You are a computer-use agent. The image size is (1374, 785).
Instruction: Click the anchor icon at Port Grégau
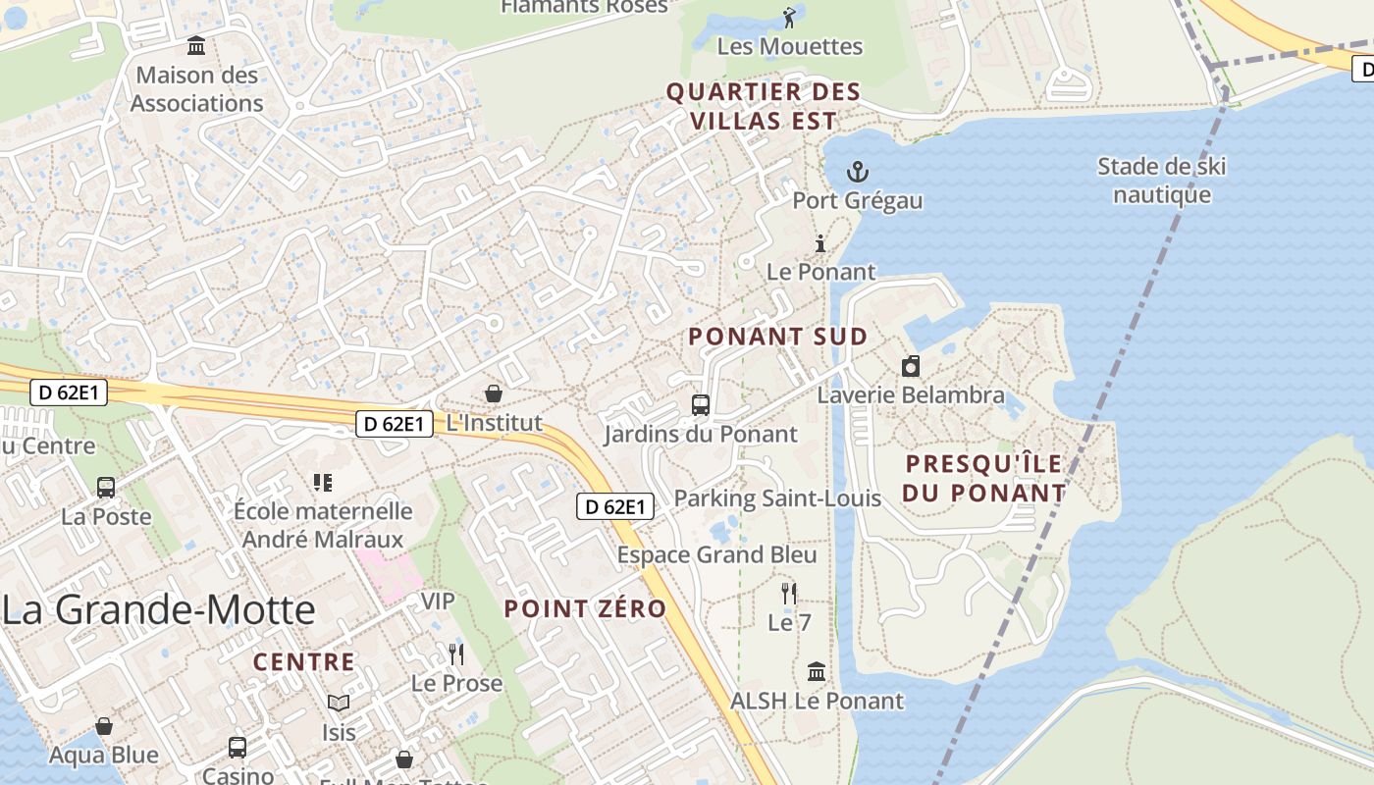pos(858,173)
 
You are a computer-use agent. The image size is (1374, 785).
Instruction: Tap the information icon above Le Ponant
pos(820,244)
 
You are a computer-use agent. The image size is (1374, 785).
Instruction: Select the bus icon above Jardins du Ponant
pos(701,404)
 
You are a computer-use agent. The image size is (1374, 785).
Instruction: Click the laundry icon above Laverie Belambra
pos(911,367)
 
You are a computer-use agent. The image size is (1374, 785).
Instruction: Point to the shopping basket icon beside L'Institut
pos(494,393)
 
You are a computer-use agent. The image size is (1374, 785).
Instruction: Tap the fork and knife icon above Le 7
pos(788,593)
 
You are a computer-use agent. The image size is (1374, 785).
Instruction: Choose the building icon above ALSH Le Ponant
pos(817,672)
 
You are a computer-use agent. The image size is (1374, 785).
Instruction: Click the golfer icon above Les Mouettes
pos(789,17)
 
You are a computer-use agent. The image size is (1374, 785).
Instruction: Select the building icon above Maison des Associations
pos(196,46)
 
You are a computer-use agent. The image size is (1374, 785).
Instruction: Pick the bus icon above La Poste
pos(106,487)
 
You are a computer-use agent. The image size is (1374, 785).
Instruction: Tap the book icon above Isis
pos(339,703)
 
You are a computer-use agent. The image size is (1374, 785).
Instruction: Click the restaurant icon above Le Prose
pos(455,654)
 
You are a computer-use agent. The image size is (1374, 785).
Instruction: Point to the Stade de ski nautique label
pos(1162,181)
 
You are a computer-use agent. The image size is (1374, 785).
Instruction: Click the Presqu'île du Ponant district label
pos(984,478)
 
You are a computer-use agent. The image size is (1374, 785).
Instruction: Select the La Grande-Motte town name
pos(159,610)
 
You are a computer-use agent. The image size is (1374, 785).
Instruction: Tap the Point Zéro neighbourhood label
pos(585,608)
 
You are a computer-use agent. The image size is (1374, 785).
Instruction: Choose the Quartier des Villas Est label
pos(765,107)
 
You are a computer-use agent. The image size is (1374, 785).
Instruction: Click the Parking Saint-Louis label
pos(777,498)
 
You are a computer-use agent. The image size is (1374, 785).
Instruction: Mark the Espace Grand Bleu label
pos(716,555)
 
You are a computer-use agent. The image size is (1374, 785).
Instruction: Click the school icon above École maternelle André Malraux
pos(323,482)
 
